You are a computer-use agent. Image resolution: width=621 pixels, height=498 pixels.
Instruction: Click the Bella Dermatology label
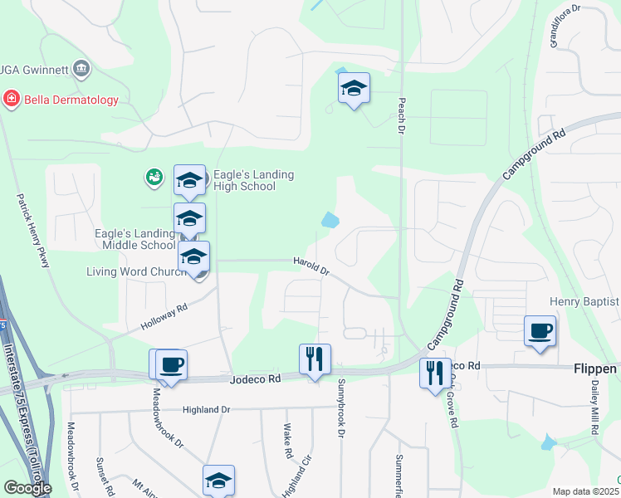coord(71,100)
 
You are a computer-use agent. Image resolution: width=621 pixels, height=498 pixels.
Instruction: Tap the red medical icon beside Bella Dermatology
coord(12,100)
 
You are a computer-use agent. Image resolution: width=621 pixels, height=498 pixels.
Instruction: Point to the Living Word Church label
coord(136,271)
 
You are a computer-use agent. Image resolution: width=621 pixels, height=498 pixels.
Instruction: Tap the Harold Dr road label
coord(311,266)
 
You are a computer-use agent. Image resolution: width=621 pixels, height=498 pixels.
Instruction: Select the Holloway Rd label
coord(165,320)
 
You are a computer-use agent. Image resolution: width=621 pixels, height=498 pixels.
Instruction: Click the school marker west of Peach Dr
coord(354,89)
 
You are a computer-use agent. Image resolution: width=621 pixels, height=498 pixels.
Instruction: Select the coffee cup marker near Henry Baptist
coord(540,331)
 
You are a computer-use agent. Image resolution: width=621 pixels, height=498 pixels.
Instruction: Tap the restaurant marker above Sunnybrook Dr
coord(315,359)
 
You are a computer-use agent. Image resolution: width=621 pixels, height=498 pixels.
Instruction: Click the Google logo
coord(27,488)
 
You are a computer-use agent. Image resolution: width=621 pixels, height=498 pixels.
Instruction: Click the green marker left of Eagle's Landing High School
coord(153,176)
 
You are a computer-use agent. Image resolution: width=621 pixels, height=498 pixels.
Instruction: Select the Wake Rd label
coord(287,442)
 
